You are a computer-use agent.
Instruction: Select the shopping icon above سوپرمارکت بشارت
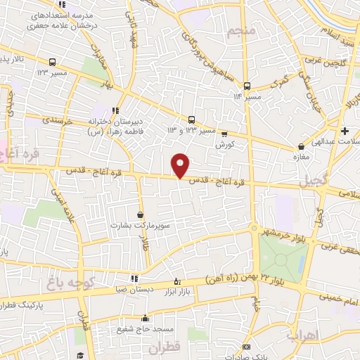pyautogui.click(x=141, y=214)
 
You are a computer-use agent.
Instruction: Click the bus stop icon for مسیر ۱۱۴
pyautogui.click(x=266, y=86)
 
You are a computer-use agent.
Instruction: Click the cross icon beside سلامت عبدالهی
pyautogui.click(x=344, y=131)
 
